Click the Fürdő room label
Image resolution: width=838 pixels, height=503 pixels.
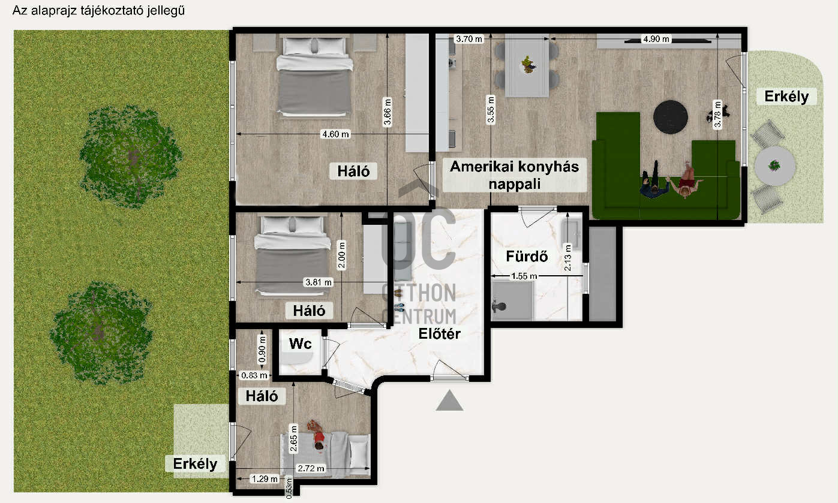tap(527, 257)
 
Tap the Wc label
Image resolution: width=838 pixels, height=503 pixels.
tap(300, 344)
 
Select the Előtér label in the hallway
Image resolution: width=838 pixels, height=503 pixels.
tap(439, 334)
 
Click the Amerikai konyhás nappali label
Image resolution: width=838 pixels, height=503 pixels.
tap(514, 175)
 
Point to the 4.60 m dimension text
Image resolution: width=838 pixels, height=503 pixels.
tap(335, 134)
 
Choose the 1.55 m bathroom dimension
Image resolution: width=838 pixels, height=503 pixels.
tap(524, 276)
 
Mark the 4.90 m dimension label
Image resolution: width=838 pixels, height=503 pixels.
tap(656, 40)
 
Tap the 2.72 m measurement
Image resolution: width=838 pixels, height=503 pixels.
tap(311, 468)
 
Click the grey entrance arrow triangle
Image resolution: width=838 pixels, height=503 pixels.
tap(449, 400)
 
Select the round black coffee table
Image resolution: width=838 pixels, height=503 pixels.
tap(670, 116)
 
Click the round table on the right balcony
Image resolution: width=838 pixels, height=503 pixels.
tap(774, 165)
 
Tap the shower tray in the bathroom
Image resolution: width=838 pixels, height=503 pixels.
tap(512, 300)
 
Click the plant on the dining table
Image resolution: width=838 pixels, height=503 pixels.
tap(527, 64)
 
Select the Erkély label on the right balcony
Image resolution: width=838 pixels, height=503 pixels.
tap(786, 96)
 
